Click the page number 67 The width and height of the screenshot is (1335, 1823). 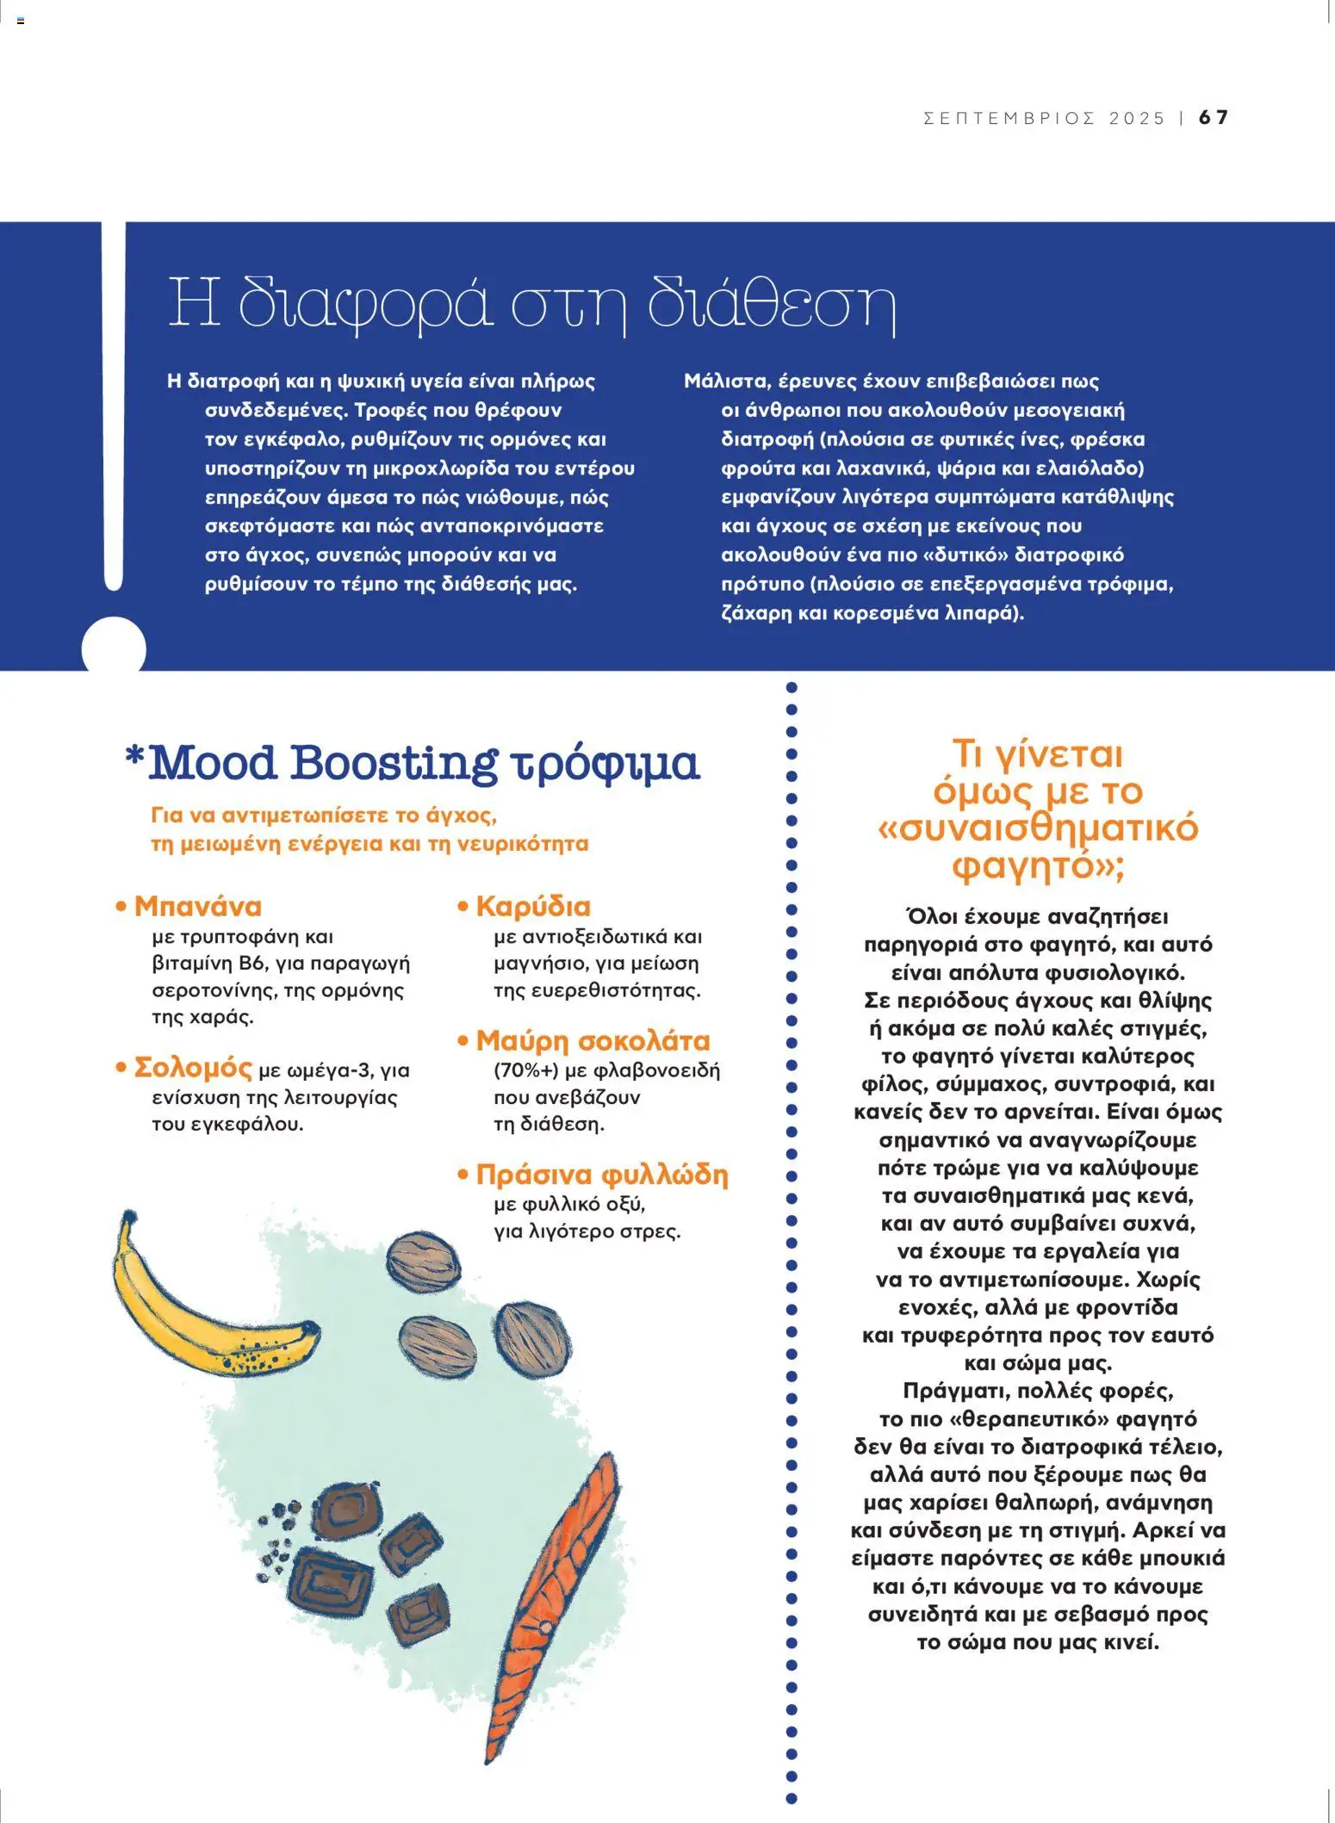1214,117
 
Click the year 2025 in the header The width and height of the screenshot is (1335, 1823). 1137,118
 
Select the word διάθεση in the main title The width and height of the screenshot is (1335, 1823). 771,303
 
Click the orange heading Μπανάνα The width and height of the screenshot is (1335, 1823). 197,906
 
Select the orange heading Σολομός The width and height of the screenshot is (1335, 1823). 193,1068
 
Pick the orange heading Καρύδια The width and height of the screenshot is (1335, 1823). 533,906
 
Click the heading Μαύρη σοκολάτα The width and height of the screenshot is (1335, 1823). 593,1040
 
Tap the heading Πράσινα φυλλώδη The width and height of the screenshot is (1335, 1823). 601,1175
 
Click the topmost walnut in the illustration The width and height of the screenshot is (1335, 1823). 422,1262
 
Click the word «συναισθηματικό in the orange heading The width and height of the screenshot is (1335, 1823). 1038,828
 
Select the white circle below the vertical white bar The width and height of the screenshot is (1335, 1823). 114,647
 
